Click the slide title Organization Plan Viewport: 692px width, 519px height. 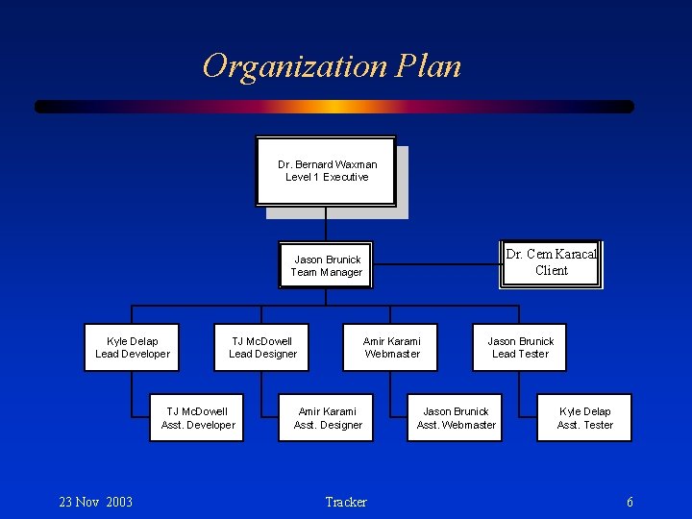pyautogui.click(x=332, y=66)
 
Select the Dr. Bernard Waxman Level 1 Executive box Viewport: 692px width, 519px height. pyautogui.click(x=326, y=171)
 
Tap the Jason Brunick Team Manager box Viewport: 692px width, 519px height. pyautogui.click(x=327, y=265)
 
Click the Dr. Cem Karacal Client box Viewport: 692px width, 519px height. pyautogui.click(x=551, y=262)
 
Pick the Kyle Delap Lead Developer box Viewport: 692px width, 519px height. pyautogui.click(x=133, y=347)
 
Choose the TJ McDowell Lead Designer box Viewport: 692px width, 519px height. pyautogui.click(x=262, y=347)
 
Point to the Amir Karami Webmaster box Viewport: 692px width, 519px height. pyautogui.click(x=391, y=347)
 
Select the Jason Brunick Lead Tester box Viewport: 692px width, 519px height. pyautogui.click(x=520, y=347)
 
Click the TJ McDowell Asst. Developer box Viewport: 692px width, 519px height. pyautogui.click(x=197, y=418)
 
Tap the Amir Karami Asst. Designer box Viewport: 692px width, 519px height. pyautogui.click(x=328, y=418)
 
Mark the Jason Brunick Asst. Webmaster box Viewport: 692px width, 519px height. pyautogui.click(x=457, y=418)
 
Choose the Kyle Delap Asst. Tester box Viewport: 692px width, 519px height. pyautogui.click(x=584, y=418)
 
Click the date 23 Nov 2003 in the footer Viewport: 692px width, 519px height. pyautogui.click(x=96, y=502)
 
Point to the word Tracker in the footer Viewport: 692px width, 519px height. pyautogui.click(x=346, y=502)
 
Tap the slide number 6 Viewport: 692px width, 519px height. pyautogui.click(x=630, y=502)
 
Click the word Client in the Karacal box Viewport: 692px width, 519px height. pyautogui.click(x=552, y=271)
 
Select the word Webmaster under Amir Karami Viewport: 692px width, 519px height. pyautogui.click(x=392, y=354)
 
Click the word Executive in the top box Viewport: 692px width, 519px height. pyautogui.click(x=346, y=177)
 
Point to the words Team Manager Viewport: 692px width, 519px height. pyautogui.click(x=327, y=272)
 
